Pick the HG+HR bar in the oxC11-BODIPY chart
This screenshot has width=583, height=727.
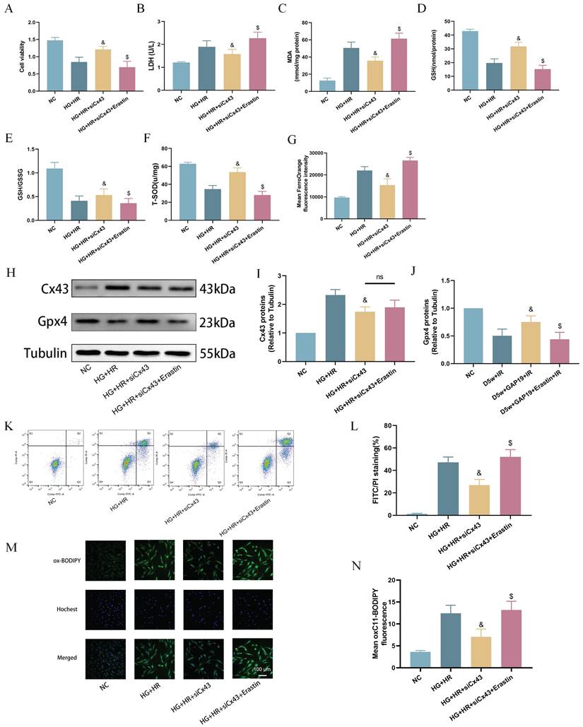(x=449, y=640)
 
